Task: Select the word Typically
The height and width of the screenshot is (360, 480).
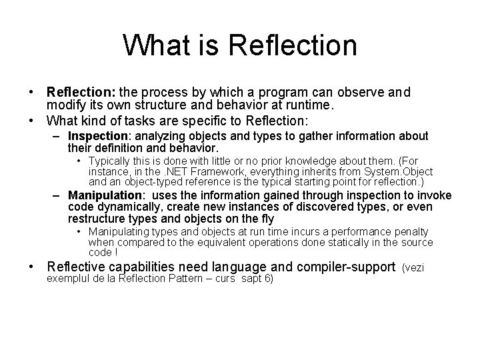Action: coord(111,161)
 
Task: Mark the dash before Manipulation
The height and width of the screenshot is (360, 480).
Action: coord(59,195)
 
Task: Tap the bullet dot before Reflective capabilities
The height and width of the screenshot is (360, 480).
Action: coord(31,268)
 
